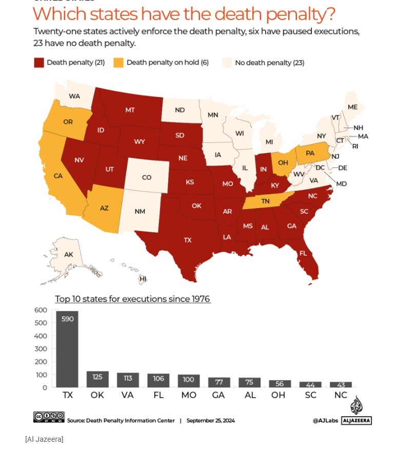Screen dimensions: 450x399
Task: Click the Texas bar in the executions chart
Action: [67, 349]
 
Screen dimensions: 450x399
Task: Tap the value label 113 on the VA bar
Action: [128, 378]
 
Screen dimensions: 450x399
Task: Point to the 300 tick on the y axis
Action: [41, 349]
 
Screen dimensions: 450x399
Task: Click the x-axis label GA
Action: [219, 396]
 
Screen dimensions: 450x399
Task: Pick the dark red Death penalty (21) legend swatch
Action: [39, 63]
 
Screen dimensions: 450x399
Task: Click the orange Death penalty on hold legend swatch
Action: [118, 63]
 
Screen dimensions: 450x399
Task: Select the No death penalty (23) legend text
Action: [269, 63]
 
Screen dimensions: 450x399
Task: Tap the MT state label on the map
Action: [130, 109]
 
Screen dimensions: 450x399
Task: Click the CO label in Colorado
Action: [147, 177]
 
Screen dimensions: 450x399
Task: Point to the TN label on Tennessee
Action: [265, 201]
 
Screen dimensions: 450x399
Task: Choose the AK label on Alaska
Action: [69, 254]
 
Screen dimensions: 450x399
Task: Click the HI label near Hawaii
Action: [143, 279]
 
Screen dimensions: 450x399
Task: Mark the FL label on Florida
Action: [303, 253]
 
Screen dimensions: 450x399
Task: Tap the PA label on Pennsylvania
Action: [310, 153]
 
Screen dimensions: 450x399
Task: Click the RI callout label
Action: [355, 146]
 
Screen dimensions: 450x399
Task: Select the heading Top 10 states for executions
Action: [132, 299]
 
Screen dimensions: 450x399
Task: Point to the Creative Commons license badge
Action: [49, 417]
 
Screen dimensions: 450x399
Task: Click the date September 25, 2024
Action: [210, 420]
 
